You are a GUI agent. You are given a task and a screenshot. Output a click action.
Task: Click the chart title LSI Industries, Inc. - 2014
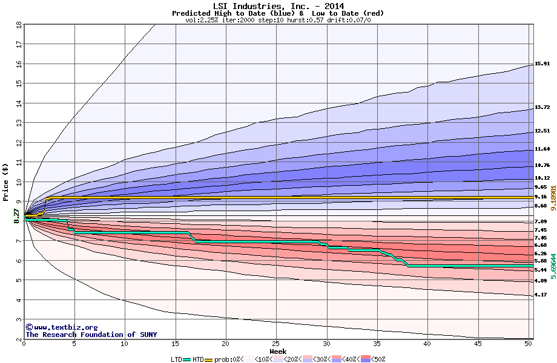point(278,6)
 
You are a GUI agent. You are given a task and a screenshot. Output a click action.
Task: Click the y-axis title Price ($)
point(5,181)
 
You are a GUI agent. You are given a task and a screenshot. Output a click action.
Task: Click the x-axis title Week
point(278,351)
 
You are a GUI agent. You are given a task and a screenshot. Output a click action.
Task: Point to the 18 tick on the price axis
point(18,25)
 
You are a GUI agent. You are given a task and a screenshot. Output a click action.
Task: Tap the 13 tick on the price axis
point(18,123)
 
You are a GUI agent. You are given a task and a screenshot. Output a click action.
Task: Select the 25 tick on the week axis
point(276,344)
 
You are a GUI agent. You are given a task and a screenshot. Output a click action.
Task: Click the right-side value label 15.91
point(541,64)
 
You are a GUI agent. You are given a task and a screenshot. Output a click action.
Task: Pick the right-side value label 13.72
point(541,107)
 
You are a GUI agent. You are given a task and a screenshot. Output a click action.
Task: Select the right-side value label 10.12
point(541,178)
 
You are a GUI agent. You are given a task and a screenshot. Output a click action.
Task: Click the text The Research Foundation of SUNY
point(89,335)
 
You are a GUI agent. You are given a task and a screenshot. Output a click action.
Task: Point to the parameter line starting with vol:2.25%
point(278,20)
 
